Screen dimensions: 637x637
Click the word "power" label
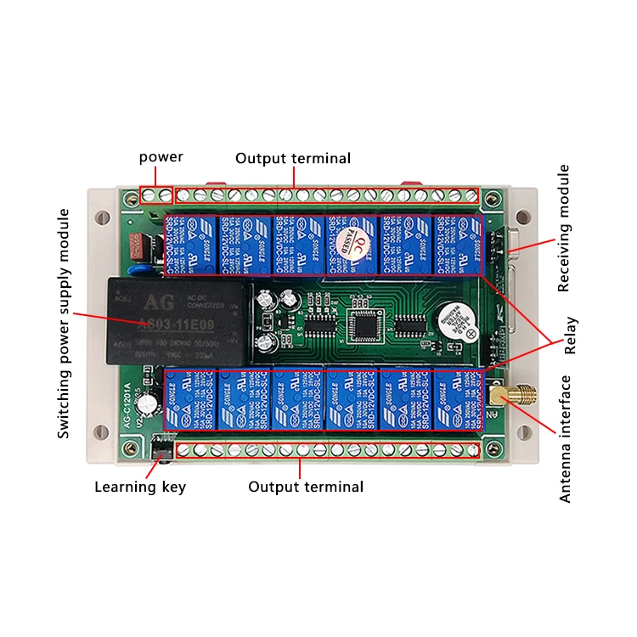[x=161, y=157]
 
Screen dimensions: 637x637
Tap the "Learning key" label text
[x=140, y=487]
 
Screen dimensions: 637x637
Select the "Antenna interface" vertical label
[x=566, y=439]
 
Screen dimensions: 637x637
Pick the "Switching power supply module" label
[x=64, y=324]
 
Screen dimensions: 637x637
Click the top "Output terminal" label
[x=292, y=159]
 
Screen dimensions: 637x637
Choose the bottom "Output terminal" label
[x=306, y=487]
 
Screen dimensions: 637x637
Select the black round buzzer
[x=450, y=324]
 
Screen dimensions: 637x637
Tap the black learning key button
[x=158, y=449]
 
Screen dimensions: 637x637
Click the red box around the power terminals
[x=156, y=196]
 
